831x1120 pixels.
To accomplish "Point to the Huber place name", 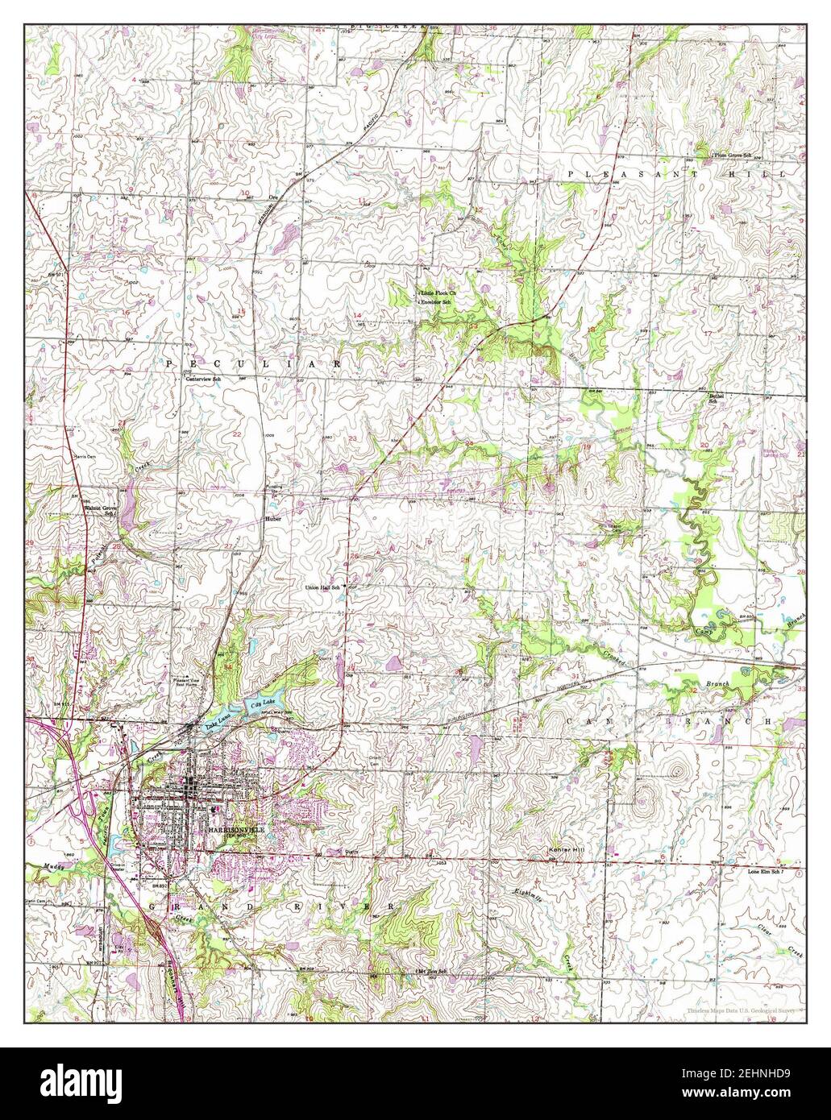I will click(273, 520).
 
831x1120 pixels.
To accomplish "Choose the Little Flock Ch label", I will click(438, 292).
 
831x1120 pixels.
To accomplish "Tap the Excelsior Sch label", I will click(436, 302).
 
